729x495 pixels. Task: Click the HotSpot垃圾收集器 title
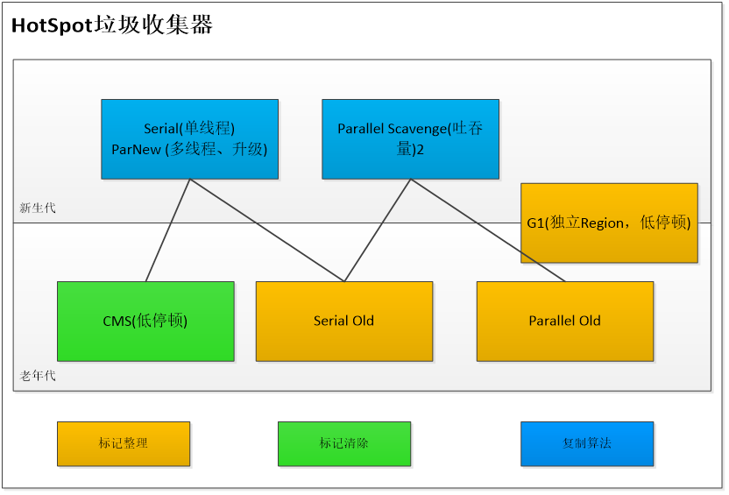(x=111, y=26)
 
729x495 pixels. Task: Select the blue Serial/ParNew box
(x=189, y=138)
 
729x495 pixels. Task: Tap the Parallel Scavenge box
(x=410, y=138)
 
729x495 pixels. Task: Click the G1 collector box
(x=609, y=223)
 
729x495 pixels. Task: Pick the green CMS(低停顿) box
(x=145, y=321)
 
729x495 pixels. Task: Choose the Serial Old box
(x=343, y=321)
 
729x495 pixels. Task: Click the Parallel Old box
(x=564, y=321)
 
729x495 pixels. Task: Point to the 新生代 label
(x=38, y=209)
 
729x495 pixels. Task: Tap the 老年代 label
(x=38, y=376)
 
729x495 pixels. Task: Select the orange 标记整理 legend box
(x=123, y=443)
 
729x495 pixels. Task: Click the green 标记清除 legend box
(x=343, y=443)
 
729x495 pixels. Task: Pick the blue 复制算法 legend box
(x=587, y=443)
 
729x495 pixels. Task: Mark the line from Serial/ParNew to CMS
(x=168, y=230)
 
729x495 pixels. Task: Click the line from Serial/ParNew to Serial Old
(x=267, y=230)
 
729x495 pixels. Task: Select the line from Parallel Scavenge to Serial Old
(x=377, y=230)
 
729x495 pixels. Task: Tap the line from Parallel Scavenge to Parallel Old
(x=487, y=230)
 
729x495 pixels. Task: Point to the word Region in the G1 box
(x=602, y=223)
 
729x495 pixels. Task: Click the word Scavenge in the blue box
(x=415, y=128)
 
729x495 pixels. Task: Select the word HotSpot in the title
(x=52, y=26)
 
